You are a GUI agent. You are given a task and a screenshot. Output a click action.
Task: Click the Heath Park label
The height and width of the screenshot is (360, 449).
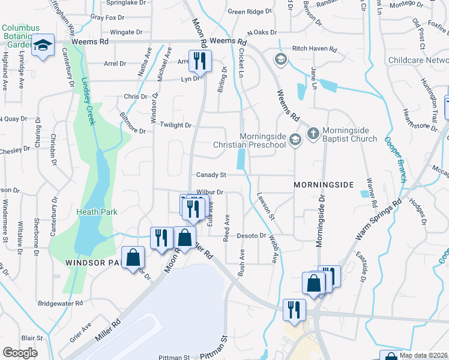click(97, 211)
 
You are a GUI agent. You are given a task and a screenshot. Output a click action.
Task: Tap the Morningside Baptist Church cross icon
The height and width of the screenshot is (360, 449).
click(313, 133)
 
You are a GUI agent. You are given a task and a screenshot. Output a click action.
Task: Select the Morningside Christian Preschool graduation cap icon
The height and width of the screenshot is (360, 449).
click(294, 139)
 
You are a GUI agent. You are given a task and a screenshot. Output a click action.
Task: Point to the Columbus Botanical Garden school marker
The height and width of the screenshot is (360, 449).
click(44, 46)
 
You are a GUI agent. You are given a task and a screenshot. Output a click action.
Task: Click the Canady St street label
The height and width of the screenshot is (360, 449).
click(211, 175)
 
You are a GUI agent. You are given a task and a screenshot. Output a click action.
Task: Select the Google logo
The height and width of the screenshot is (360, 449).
click(20, 352)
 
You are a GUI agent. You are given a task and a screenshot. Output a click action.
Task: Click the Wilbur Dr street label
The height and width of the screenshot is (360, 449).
click(210, 192)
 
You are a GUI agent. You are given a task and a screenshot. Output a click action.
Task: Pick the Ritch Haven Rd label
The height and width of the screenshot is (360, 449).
click(315, 49)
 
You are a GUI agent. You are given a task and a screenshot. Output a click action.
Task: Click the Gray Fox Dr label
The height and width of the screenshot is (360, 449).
click(103, 17)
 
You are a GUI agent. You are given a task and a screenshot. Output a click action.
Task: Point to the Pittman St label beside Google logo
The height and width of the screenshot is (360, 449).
click(174, 357)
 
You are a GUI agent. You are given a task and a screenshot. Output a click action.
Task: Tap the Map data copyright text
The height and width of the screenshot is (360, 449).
click(423, 355)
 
